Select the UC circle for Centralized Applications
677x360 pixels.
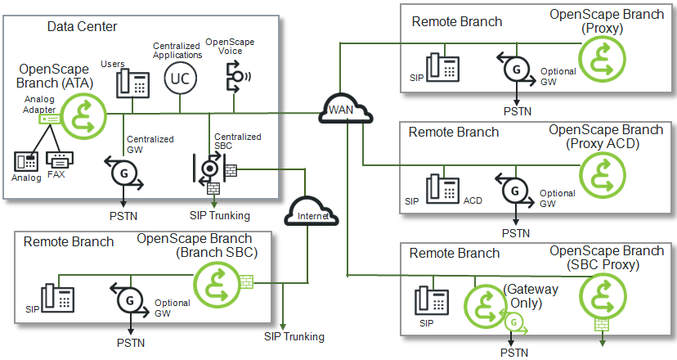(179, 79)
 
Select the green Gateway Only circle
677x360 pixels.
(486, 304)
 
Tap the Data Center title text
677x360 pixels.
(82, 27)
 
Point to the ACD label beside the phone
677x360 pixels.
(473, 200)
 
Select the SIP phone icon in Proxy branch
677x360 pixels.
(442, 69)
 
